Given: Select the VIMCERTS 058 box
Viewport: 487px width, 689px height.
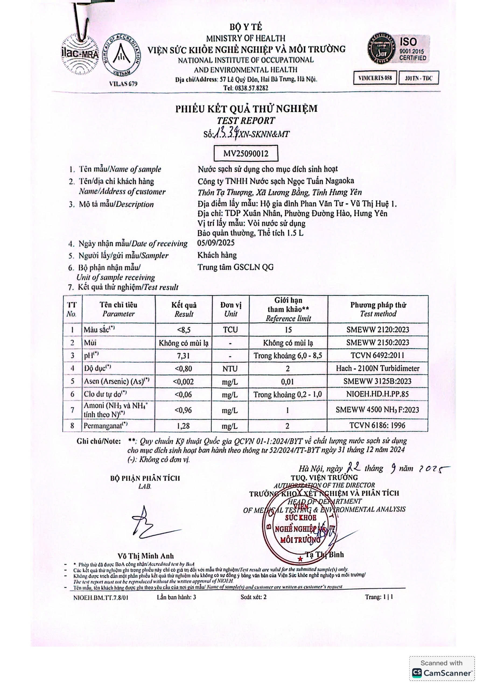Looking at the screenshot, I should pyautogui.click(x=375, y=78).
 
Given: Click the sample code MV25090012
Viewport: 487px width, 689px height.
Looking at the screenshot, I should pyautogui.click(x=246, y=154).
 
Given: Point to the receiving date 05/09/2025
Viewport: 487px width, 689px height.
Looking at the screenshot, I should pyautogui.click(x=216, y=243).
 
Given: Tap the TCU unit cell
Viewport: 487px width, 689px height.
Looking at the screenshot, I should pyautogui.click(x=230, y=330).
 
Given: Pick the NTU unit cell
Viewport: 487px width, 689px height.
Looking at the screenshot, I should pyautogui.click(x=230, y=369).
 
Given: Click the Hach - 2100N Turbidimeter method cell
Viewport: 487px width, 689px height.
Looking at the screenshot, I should pyautogui.click(x=377, y=368).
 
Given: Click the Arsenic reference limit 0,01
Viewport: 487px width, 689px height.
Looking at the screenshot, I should pyautogui.click(x=288, y=382).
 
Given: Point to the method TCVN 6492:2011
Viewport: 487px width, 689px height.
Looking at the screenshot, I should pyautogui.click(x=377, y=356).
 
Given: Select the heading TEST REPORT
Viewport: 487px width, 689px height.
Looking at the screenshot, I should pyautogui.click(x=246, y=121).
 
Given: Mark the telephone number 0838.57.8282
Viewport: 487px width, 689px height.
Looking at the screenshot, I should pyautogui.click(x=246, y=88).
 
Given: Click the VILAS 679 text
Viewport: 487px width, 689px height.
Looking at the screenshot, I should pyautogui.click(x=123, y=84).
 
